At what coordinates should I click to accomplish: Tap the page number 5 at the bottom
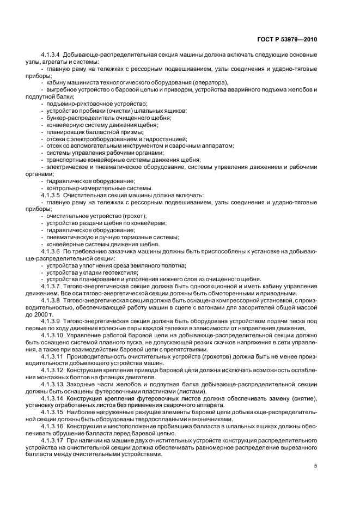point(315,466)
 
